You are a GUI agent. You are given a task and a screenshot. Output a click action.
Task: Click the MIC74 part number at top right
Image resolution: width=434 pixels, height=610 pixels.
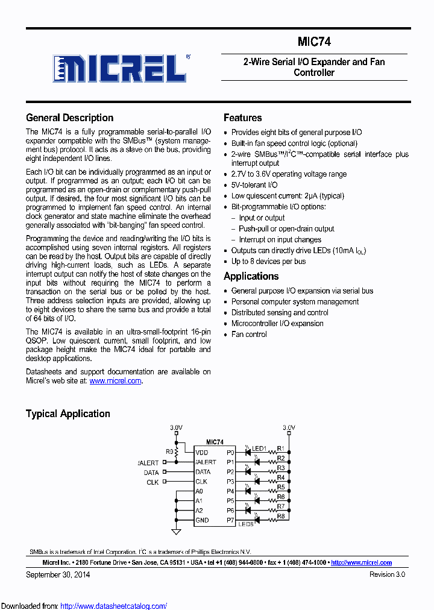tap(314, 42)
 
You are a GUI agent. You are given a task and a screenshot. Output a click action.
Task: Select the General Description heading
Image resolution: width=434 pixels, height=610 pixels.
tap(69, 118)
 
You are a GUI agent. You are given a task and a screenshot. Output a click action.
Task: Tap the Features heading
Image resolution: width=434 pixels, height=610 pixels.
tap(242, 118)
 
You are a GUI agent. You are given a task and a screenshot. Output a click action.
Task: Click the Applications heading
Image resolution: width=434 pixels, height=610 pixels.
tap(251, 276)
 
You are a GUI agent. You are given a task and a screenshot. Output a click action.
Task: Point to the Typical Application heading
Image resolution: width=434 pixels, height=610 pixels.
tap(68, 413)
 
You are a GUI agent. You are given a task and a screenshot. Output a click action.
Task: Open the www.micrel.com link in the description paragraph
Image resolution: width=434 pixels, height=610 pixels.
tap(116, 381)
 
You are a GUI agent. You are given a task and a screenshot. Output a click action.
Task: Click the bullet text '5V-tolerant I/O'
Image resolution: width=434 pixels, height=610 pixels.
tap(254, 185)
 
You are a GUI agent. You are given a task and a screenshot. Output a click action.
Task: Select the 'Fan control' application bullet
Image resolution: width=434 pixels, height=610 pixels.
tap(249, 334)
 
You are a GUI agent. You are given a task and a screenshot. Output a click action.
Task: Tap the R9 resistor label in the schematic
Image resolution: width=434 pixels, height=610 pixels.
tap(169, 451)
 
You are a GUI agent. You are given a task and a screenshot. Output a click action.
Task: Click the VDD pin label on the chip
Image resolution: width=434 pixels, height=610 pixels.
tap(201, 452)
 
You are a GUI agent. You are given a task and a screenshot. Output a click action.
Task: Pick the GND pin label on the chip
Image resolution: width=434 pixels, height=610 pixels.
tap(202, 520)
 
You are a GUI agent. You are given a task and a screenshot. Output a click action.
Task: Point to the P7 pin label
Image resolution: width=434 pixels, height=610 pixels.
tap(230, 520)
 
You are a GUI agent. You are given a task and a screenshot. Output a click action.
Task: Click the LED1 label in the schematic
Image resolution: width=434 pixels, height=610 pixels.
tap(259, 448)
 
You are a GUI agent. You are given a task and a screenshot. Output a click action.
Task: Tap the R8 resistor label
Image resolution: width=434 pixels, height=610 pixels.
tap(281, 516)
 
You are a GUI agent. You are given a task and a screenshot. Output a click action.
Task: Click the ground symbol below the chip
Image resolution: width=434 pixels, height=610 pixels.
tap(176, 532)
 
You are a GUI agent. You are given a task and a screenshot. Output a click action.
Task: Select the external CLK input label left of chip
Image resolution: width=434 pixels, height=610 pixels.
tap(153, 482)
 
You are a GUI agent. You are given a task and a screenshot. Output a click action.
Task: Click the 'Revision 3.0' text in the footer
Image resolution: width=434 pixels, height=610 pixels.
tap(387, 574)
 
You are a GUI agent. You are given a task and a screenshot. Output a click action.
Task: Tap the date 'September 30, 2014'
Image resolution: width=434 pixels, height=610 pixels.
tap(58, 574)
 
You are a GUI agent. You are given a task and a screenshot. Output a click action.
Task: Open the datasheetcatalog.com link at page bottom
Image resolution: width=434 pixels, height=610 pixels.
tap(114, 606)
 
